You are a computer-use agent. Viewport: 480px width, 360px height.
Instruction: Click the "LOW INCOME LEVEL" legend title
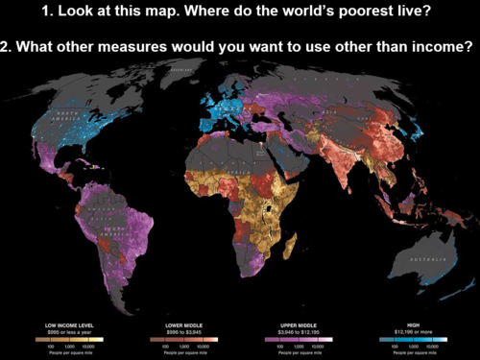point(65,325)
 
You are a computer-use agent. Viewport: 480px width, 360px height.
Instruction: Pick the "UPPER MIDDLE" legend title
point(301,325)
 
